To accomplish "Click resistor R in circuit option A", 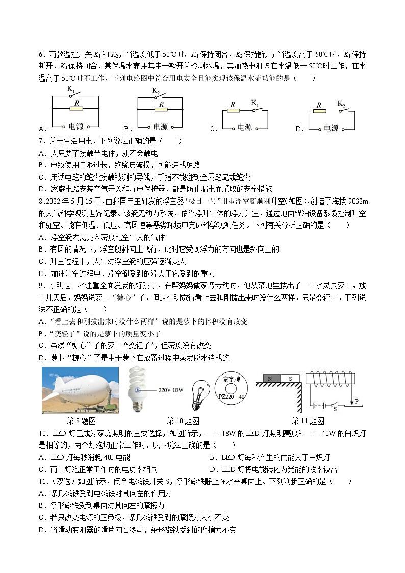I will [76, 109].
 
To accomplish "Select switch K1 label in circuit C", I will [255, 103].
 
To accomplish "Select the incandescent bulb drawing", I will [201, 394].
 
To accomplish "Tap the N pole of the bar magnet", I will [271, 378].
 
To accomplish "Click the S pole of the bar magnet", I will [289, 378].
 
